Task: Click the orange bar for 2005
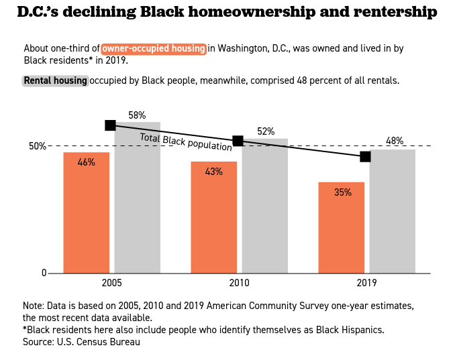(x=86, y=213)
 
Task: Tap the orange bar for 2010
(x=213, y=217)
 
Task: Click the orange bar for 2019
(x=341, y=227)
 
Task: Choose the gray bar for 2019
(x=392, y=211)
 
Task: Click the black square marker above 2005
(x=111, y=125)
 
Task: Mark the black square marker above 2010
(x=238, y=141)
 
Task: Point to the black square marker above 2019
(x=365, y=156)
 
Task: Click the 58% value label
(x=137, y=115)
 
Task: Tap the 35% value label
(x=342, y=192)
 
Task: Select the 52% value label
(x=266, y=131)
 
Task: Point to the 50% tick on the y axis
(x=37, y=146)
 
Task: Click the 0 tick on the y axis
(x=44, y=273)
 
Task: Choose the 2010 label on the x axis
(x=239, y=284)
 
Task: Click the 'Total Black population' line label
(x=186, y=142)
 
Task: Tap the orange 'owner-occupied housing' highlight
(x=154, y=48)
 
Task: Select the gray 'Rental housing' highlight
(x=55, y=80)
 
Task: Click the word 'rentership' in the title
(x=393, y=12)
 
